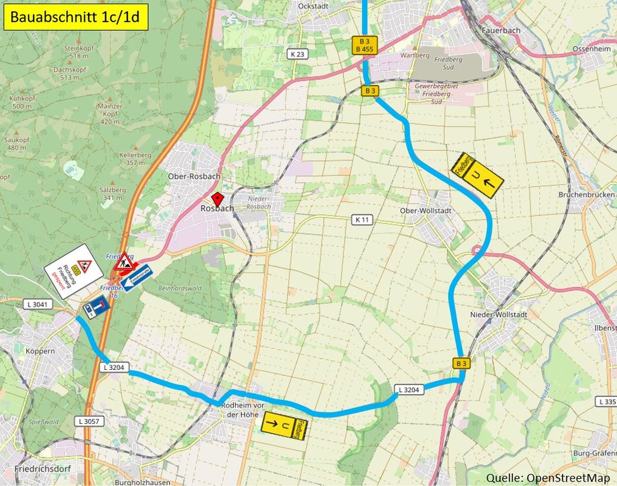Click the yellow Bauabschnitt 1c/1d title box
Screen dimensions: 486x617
(76, 17)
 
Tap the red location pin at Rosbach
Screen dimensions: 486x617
(217, 199)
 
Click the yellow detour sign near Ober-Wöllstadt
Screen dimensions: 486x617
(477, 175)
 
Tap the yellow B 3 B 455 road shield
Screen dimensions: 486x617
(365, 45)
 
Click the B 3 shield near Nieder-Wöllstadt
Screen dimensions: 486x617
(461, 364)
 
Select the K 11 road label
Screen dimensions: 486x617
(362, 219)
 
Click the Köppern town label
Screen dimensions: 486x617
(39, 351)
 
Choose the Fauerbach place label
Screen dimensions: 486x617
(500, 30)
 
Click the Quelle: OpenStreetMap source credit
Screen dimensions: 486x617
(547, 478)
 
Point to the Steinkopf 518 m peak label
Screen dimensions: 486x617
(79, 52)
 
